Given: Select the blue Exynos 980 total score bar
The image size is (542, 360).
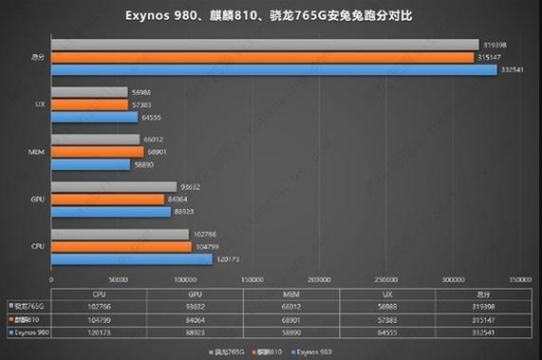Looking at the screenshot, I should [274, 70].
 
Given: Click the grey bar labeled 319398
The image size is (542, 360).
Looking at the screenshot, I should [265, 44].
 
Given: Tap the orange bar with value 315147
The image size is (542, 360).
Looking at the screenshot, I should [263, 57].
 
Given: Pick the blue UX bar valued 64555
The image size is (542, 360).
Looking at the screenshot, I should [94, 118].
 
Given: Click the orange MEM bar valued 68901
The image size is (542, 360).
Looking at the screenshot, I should [97, 152].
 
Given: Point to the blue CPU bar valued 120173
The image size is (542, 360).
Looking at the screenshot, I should [131, 258].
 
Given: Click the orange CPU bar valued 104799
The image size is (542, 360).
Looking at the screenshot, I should [121, 246].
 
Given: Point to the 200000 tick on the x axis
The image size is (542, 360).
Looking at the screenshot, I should [319, 280].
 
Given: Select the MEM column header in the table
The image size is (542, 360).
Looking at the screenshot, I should [319, 294].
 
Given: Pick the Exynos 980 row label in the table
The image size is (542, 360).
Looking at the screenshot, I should [29, 334].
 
